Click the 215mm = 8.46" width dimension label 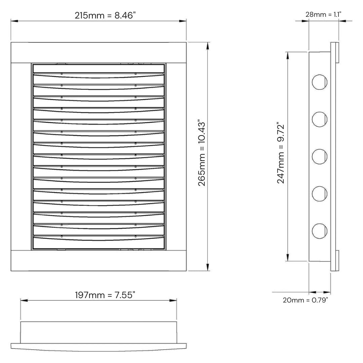(x=105, y=15)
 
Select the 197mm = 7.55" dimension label (x=105, y=295)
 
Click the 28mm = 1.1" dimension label (x=323, y=14)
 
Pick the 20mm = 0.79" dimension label (x=305, y=300)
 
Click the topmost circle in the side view (x=320, y=82)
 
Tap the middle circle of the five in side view (x=320, y=157)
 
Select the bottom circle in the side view (x=320, y=231)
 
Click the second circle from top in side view (x=320, y=119)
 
